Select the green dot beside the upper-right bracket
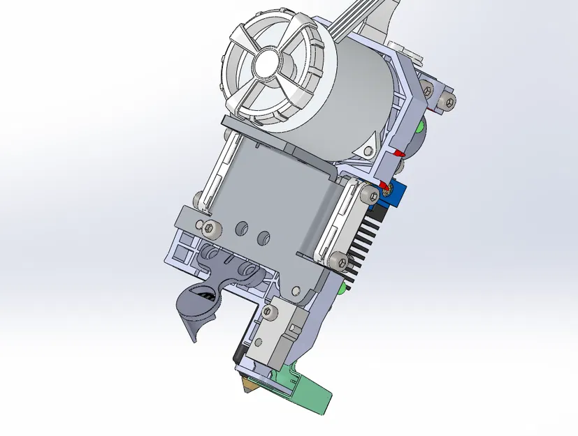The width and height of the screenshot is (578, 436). click(x=419, y=128)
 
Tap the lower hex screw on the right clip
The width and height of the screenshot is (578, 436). click(x=340, y=262)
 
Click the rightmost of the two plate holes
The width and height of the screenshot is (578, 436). click(x=264, y=236)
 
